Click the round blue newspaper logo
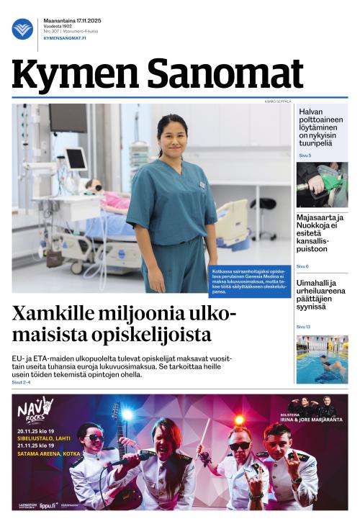22,29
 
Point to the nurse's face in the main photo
173,136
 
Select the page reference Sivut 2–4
22,382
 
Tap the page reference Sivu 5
305,155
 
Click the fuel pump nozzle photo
322,184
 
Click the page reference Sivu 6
302,266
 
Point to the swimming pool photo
322,359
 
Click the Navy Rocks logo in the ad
35,409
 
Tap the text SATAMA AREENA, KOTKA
50,459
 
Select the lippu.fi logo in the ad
48,505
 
